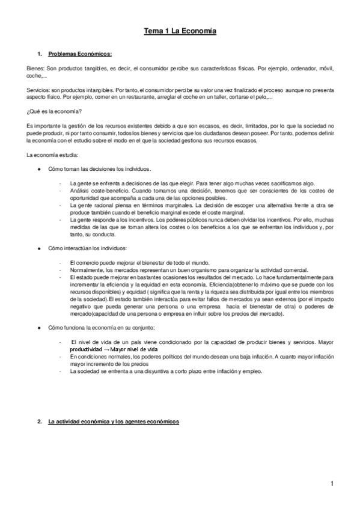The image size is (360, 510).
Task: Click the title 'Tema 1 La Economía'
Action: (180, 29)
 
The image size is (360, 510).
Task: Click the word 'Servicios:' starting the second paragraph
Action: (38, 89)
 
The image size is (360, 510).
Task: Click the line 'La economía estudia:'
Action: (52, 155)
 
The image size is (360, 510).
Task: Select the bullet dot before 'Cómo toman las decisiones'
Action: (39, 169)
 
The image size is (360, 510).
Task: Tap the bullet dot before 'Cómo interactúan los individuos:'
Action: (39, 248)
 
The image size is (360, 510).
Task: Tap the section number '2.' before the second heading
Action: (39, 422)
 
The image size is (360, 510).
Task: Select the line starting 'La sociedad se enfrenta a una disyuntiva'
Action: (166, 371)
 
